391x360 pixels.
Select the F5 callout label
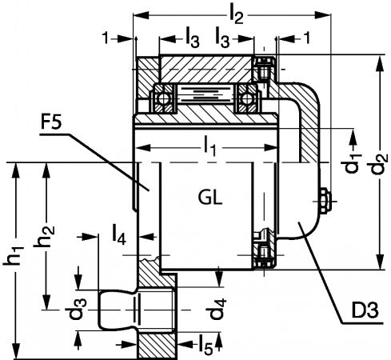tap(51, 122)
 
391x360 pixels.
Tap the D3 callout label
tap(365, 310)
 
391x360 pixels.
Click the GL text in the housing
tap(210, 198)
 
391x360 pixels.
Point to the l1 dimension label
tap(210, 146)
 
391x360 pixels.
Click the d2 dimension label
tap(378, 164)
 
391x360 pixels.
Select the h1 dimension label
tap(14, 255)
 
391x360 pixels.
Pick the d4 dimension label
tap(218, 309)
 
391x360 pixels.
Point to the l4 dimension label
tap(119, 235)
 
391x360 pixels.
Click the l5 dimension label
tap(206, 345)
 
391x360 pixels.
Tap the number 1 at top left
tap(106, 38)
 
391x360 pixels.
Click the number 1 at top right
tap(307, 38)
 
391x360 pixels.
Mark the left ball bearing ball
tap(162, 98)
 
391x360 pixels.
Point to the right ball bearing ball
tap(246, 98)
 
